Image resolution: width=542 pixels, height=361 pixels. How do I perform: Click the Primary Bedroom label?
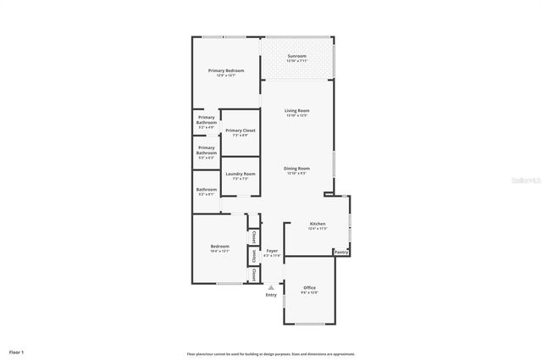tap(226, 70)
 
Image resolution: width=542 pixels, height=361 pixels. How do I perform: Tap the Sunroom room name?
tap(296, 56)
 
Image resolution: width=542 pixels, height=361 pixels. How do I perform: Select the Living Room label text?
tap(296, 111)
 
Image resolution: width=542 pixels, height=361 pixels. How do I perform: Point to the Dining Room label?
tap(296, 168)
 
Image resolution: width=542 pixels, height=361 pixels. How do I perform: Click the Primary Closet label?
tap(240, 131)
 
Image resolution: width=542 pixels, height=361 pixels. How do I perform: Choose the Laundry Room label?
tap(240, 174)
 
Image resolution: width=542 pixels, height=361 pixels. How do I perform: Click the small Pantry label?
tap(341, 252)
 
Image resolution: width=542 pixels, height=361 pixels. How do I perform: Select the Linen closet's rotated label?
tap(252, 255)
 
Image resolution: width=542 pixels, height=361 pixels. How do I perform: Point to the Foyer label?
tap(272, 251)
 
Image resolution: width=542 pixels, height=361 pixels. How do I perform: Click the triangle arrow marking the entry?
tap(271, 287)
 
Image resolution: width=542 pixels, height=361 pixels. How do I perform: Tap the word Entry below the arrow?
tap(271, 295)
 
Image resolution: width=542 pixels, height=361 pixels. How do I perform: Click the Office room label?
tap(309, 288)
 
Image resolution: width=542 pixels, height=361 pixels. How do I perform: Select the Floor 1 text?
tap(16, 351)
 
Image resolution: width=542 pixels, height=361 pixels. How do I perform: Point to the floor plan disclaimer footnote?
tap(271, 354)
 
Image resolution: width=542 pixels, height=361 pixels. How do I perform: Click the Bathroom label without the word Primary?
tap(207, 189)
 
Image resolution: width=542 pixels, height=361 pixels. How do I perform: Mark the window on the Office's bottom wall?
tap(309, 324)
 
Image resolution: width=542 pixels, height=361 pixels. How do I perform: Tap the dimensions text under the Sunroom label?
tap(296, 61)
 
